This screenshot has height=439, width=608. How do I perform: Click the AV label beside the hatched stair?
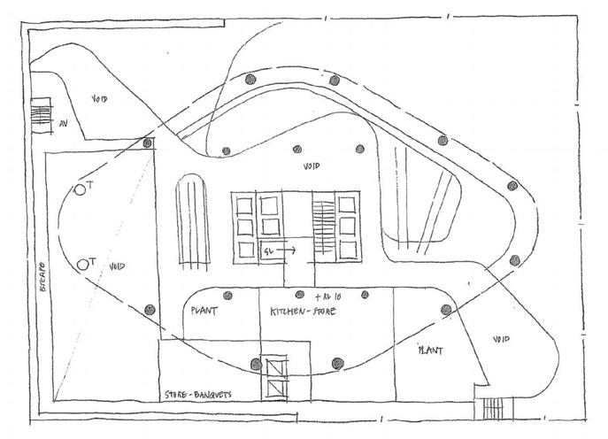(x=64, y=125)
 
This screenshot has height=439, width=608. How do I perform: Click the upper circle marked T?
(x=80, y=189)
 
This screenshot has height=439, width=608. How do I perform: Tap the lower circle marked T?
(x=82, y=263)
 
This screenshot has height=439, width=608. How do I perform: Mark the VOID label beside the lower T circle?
(x=116, y=266)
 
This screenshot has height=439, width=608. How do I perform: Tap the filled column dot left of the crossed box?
(x=256, y=363)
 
